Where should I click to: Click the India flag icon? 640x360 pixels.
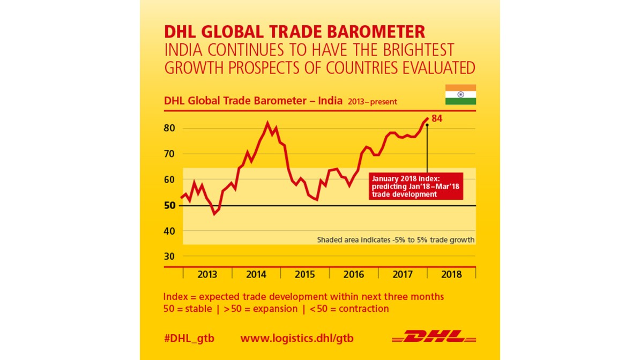pyautogui.click(x=460, y=95)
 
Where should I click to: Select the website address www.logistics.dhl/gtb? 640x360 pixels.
pyautogui.click(x=297, y=339)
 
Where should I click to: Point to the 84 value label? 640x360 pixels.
pyautogui.click(x=437, y=118)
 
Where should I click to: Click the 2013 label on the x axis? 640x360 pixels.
pyautogui.click(x=207, y=275)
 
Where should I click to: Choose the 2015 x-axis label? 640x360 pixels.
pyautogui.click(x=305, y=275)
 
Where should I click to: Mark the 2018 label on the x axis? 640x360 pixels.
pyautogui.click(x=451, y=275)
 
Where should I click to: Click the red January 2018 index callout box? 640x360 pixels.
pyautogui.click(x=415, y=186)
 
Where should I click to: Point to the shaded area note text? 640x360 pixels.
pyautogui.click(x=396, y=240)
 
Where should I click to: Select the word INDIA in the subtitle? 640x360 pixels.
pyautogui.click(x=184, y=50)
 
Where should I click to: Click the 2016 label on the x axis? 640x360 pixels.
pyautogui.click(x=354, y=275)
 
